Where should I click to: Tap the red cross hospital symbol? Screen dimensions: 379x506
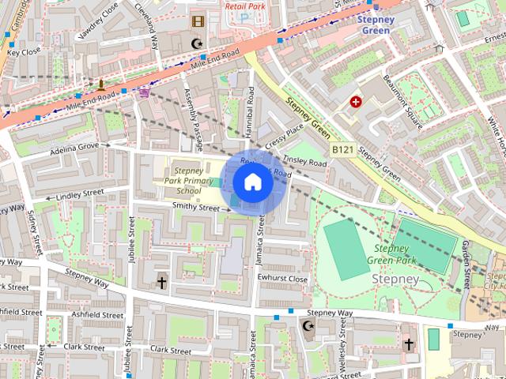pos(356,102)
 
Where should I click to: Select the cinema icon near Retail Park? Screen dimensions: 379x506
pos(197,21)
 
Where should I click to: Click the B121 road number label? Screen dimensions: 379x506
pos(342,149)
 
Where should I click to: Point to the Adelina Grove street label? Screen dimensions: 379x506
pos(74,147)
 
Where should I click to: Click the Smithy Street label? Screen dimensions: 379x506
pos(196,208)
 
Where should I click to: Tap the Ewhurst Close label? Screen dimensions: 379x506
pos(283,279)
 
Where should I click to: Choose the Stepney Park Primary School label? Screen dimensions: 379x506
pos(189,180)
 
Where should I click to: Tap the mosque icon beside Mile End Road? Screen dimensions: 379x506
pos(197,42)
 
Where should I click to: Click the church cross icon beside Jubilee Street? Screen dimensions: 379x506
pos(161,282)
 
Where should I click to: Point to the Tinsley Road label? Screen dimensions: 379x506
pos(304,162)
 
